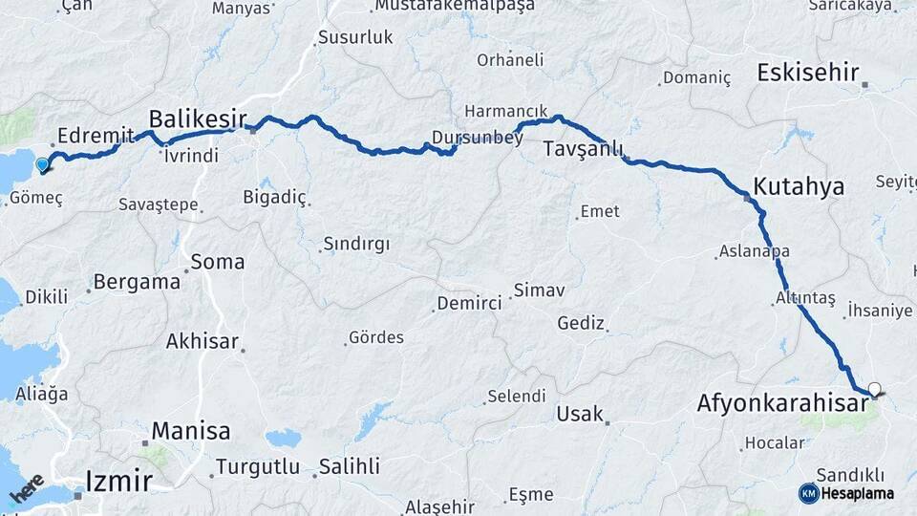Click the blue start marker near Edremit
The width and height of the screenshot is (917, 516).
tap(42, 165)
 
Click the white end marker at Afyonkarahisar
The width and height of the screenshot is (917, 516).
tap(873, 389)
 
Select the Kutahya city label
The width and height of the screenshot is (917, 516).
tap(799, 186)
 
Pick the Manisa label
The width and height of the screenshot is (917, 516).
tap(190, 431)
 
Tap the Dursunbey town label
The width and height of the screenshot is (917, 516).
tap(478, 138)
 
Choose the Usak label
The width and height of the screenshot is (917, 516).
tap(580, 414)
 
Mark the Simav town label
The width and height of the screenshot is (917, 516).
tap(540, 289)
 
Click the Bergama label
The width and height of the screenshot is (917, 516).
tap(138, 282)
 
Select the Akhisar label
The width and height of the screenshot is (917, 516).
tap(202, 341)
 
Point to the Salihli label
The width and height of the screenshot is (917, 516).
tap(349, 466)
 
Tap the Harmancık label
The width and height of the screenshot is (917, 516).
tap(506, 111)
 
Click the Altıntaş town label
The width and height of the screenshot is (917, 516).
tap(804, 299)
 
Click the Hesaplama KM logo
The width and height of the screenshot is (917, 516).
tap(846, 493)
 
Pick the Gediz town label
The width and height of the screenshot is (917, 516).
tap(582, 323)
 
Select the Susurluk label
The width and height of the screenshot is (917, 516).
tap(354, 39)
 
